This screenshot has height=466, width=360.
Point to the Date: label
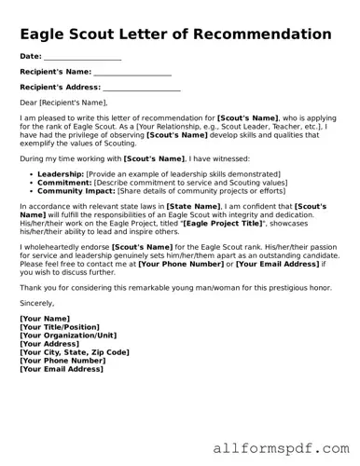point(31,57)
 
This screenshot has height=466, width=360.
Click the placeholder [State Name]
point(194,206)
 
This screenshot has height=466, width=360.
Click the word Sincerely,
point(37,303)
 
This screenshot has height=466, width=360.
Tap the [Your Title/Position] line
point(60,327)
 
